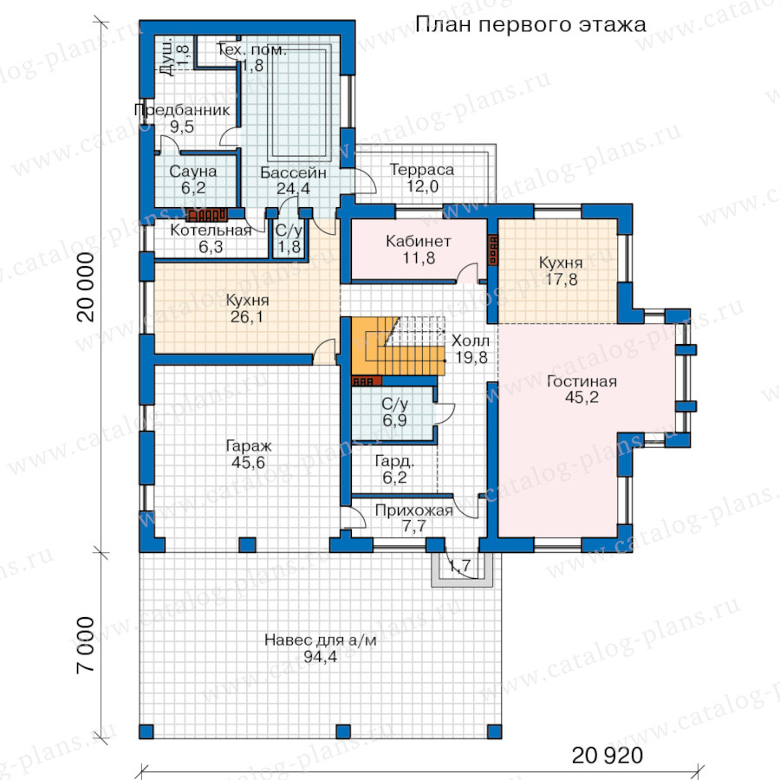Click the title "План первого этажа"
pos(530,24)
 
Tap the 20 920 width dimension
pos(607,755)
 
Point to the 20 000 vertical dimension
pos(86,287)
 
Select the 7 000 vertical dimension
pos(86,645)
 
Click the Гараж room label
pos(248,445)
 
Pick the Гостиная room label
pos(582,381)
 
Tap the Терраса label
pos(422,170)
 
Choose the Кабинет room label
pos(419,241)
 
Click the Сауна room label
pos(193,171)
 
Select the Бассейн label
pos(293,172)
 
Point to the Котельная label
pos(211,230)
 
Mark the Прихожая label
pos(414,510)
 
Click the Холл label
pos(470,341)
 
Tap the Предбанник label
pos(182,110)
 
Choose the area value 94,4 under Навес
pos(320,657)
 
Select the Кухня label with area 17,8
pos(561,262)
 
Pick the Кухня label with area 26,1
pos(247,300)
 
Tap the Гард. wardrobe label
pos(394,461)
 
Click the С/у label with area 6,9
pos(394,403)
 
